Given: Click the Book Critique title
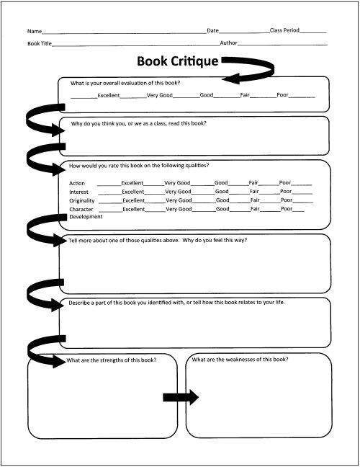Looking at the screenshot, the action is click(178, 61).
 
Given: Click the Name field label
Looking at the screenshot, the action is click(35, 31).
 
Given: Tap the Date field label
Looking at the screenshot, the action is click(212, 30).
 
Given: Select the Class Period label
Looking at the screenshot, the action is click(284, 30).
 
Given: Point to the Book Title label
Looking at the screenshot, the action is click(40, 43).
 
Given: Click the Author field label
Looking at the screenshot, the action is click(228, 43).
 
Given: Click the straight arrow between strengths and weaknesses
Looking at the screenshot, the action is click(181, 397).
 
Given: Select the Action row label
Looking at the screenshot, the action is click(77, 183).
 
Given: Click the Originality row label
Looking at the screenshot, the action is click(82, 201).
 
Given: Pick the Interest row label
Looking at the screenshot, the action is click(79, 192).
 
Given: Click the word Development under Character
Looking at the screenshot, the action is click(86, 217).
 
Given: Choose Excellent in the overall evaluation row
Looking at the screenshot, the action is click(109, 95).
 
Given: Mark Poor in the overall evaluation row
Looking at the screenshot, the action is click(282, 94).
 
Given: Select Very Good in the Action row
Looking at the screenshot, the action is click(177, 182).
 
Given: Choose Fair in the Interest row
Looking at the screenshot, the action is click(254, 191).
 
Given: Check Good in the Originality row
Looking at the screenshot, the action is click(222, 200).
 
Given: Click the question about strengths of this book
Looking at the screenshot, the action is click(112, 360).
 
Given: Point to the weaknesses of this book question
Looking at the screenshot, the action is click(240, 360).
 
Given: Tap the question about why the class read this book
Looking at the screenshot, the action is click(139, 123).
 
